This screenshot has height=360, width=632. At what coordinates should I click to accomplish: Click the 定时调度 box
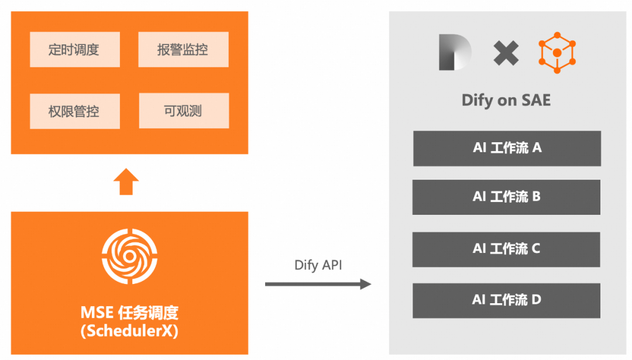(x=74, y=50)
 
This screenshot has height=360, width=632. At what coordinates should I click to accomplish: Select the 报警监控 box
(x=183, y=50)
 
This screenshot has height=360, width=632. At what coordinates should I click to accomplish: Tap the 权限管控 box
(x=74, y=111)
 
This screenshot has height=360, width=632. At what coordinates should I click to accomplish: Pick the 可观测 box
(x=183, y=111)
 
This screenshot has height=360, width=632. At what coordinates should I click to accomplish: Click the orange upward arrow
(x=126, y=182)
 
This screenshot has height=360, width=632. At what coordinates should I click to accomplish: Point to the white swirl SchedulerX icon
(x=129, y=258)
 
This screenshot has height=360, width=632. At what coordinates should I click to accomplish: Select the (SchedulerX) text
(x=129, y=331)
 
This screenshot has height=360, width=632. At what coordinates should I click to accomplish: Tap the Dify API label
(x=318, y=265)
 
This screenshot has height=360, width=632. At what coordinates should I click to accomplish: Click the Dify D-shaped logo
(x=455, y=52)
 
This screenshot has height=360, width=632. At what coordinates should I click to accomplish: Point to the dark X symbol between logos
(x=506, y=53)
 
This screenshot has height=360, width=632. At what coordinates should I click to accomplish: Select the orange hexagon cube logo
(x=557, y=53)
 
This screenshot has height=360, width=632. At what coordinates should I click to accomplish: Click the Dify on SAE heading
(x=506, y=100)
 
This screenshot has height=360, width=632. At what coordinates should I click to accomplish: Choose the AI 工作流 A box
(x=507, y=148)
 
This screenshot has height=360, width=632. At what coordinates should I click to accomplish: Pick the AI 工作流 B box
(x=506, y=197)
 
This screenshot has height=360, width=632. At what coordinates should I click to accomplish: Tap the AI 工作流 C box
(x=506, y=249)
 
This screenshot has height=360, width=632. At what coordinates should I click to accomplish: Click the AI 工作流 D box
(x=506, y=300)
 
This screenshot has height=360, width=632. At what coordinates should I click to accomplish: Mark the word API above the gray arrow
(x=331, y=265)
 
